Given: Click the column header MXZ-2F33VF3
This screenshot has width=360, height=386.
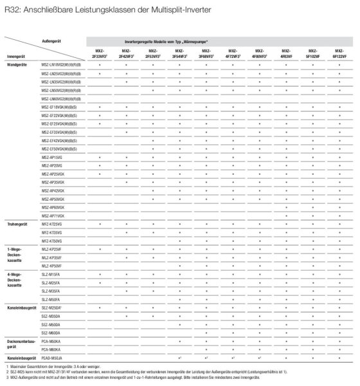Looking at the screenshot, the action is click(x=100, y=55).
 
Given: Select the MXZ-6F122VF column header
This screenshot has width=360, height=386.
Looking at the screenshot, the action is click(x=339, y=55).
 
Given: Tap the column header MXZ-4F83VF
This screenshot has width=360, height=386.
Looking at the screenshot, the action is click(x=286, y=55).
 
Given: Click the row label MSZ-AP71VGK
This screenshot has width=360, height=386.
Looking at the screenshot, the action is click(x=53, y=216).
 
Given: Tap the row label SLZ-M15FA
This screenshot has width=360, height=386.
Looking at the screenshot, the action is click(x=51, y=275).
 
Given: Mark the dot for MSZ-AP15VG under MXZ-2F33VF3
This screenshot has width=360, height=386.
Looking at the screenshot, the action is click(x=100, y=157).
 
